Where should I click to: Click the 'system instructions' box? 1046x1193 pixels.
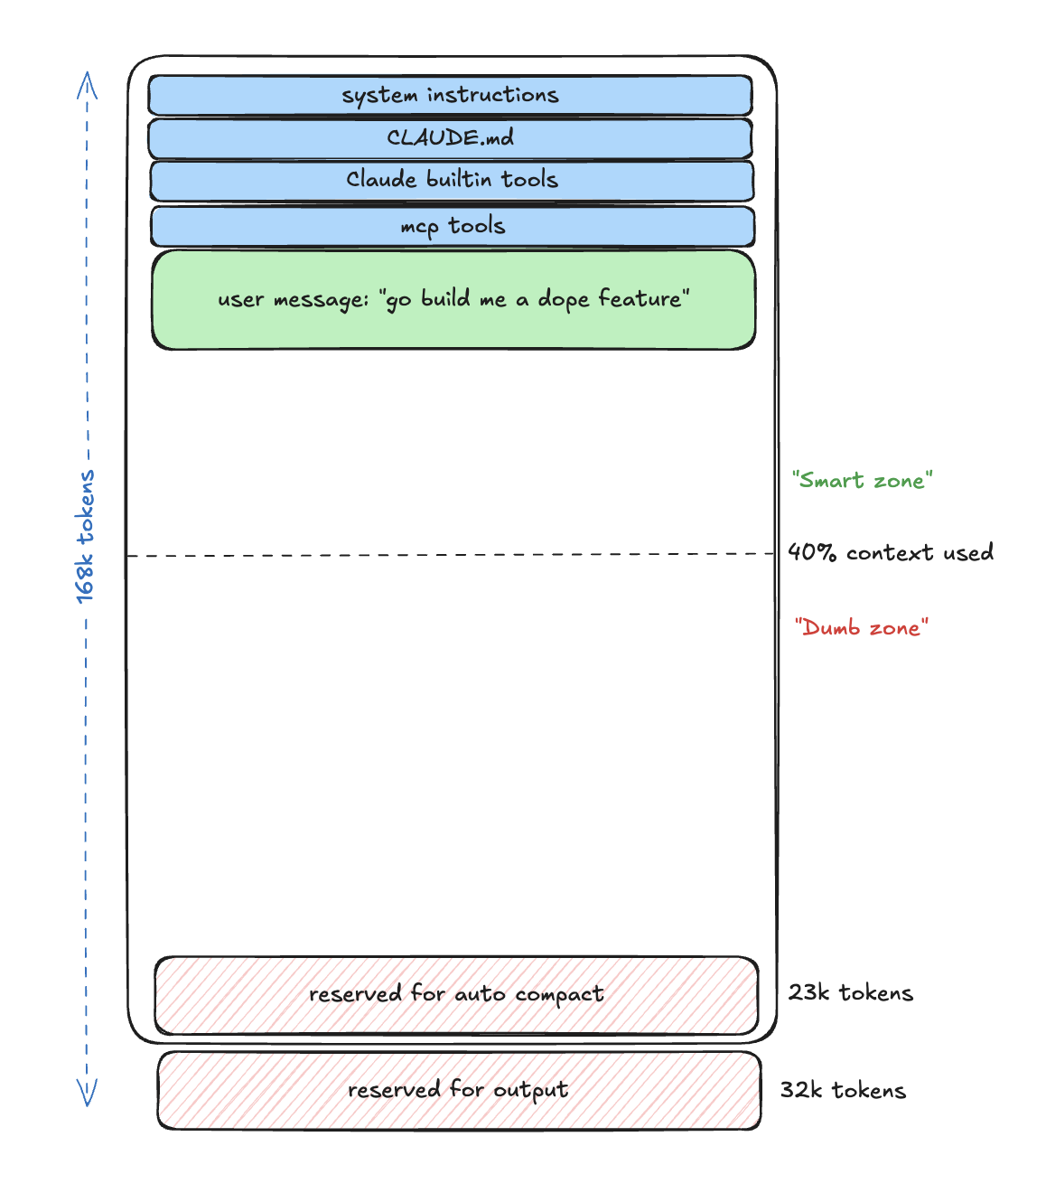click(450, 95)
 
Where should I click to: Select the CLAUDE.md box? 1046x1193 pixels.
click(450, 138)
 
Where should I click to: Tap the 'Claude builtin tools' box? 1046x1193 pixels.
click(452, 181)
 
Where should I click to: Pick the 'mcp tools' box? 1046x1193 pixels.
click(453, 226)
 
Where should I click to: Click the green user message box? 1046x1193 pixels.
click(453, 300)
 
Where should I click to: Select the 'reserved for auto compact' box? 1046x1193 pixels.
click(456, 994)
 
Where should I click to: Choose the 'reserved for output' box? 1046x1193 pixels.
click(459, 1090)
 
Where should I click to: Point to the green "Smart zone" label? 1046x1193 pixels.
click(863, 481)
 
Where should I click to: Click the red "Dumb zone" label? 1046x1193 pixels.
click(861, 628)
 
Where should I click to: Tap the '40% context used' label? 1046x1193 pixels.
click(891, 552)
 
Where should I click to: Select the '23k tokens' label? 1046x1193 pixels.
click(851, 992)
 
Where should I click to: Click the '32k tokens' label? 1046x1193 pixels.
click(843, 1090)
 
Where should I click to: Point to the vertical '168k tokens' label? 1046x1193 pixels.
click(85, 537)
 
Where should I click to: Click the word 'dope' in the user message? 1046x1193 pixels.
click(564, 300)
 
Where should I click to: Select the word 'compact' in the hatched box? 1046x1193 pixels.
click(559, 995)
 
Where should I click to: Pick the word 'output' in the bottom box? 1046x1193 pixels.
click(531, 1091)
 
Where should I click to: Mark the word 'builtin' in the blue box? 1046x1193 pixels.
click(459, 179)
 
